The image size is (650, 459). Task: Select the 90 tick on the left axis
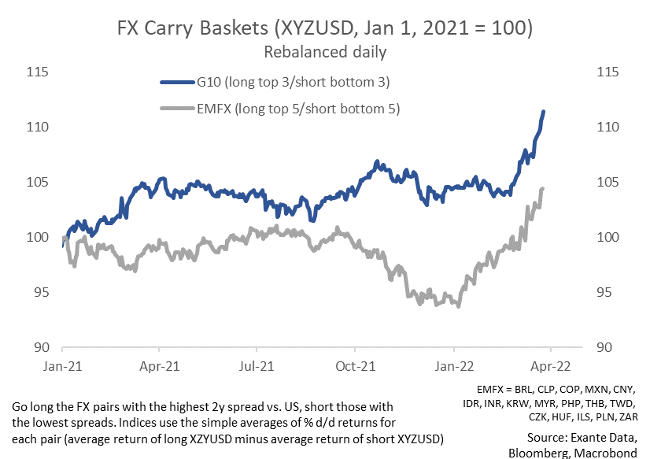pos(41,348)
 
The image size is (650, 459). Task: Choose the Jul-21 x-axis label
pos(257,366)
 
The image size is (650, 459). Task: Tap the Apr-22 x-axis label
pos(550,366)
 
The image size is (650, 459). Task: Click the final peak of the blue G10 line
pos(544,112)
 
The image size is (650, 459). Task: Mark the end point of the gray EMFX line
pos(543,189)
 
